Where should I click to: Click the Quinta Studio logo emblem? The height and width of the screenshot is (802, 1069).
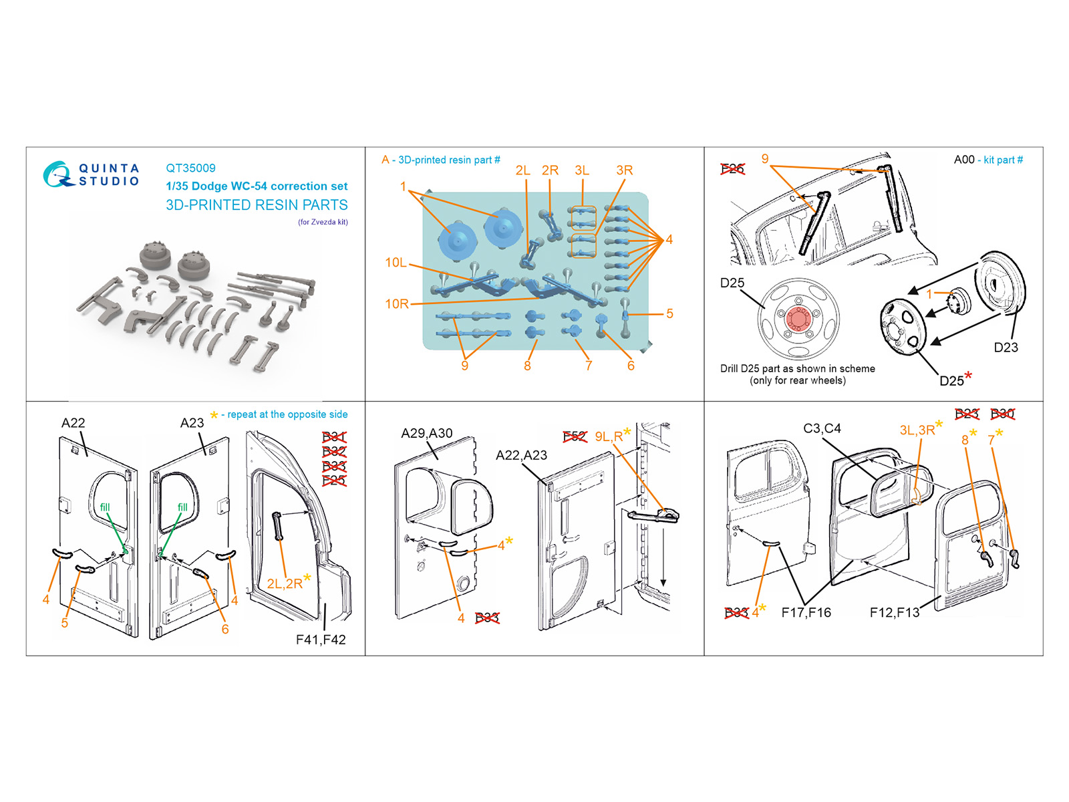[x=57, y=174]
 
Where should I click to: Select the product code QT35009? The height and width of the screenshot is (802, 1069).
[x=190, y=168]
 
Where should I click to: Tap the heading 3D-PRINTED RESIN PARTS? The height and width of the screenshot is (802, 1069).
[x=257, y=205]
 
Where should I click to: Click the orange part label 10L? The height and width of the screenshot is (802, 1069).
[x=396, y=263]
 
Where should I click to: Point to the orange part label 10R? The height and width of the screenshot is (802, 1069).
[x=396, y=304]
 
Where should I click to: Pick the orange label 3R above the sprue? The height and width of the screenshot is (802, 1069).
[x=624, y=170]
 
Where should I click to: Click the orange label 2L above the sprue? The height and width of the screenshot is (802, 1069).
[x=522, y=170]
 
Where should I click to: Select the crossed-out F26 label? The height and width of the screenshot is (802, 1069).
[x=732, y=168]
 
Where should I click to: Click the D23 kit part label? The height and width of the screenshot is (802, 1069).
[x=1006, y=348]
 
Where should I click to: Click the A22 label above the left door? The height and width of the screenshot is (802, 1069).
[x=73, y=423]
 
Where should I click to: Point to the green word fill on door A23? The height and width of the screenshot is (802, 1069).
[x=182, y=507]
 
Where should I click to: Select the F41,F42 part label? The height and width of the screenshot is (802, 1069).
[x=321, y=640]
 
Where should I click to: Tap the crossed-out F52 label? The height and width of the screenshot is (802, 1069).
[x=575, y=436]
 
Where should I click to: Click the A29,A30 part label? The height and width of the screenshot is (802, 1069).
[x=426, y=433]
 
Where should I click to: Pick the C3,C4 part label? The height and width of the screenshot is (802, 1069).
[x=822, y=428]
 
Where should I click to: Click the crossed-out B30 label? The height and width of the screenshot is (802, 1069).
[x=1002, y=414]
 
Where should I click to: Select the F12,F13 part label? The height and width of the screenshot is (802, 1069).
[x=894, y=612]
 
